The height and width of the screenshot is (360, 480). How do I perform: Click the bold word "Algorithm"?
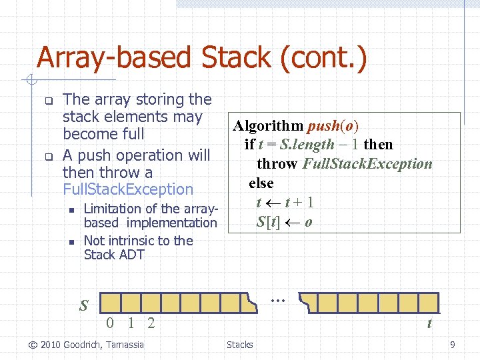pyautogui.click(x=268, y=125)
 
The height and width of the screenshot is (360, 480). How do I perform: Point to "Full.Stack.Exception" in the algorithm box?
pyautogui.click(x=367, y=164)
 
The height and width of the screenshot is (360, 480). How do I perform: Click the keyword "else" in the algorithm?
pyautogui.click(x=261, y=183)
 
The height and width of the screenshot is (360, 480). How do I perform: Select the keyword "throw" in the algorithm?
pyautogui.click(x=277, y=164)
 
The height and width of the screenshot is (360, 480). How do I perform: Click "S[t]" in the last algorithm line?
pyautogui.click(x=269, y=221)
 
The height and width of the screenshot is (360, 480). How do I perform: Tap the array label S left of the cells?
pyautogui.click(x=84, y=306)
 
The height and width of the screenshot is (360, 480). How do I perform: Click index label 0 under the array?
pyautogui.click(x=111, y=324)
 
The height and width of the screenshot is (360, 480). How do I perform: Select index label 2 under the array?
pyautogui.click(x=151, y=324)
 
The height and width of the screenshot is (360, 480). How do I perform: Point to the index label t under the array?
pyautogui.click(x=429, y=324)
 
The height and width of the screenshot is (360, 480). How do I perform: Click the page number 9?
pyautogui.click(x=453, y=345)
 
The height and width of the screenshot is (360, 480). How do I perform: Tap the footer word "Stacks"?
pyautogui.click(x=239, y=345)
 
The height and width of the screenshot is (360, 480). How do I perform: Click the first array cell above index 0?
pyautogui.click(x=111, y=303)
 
